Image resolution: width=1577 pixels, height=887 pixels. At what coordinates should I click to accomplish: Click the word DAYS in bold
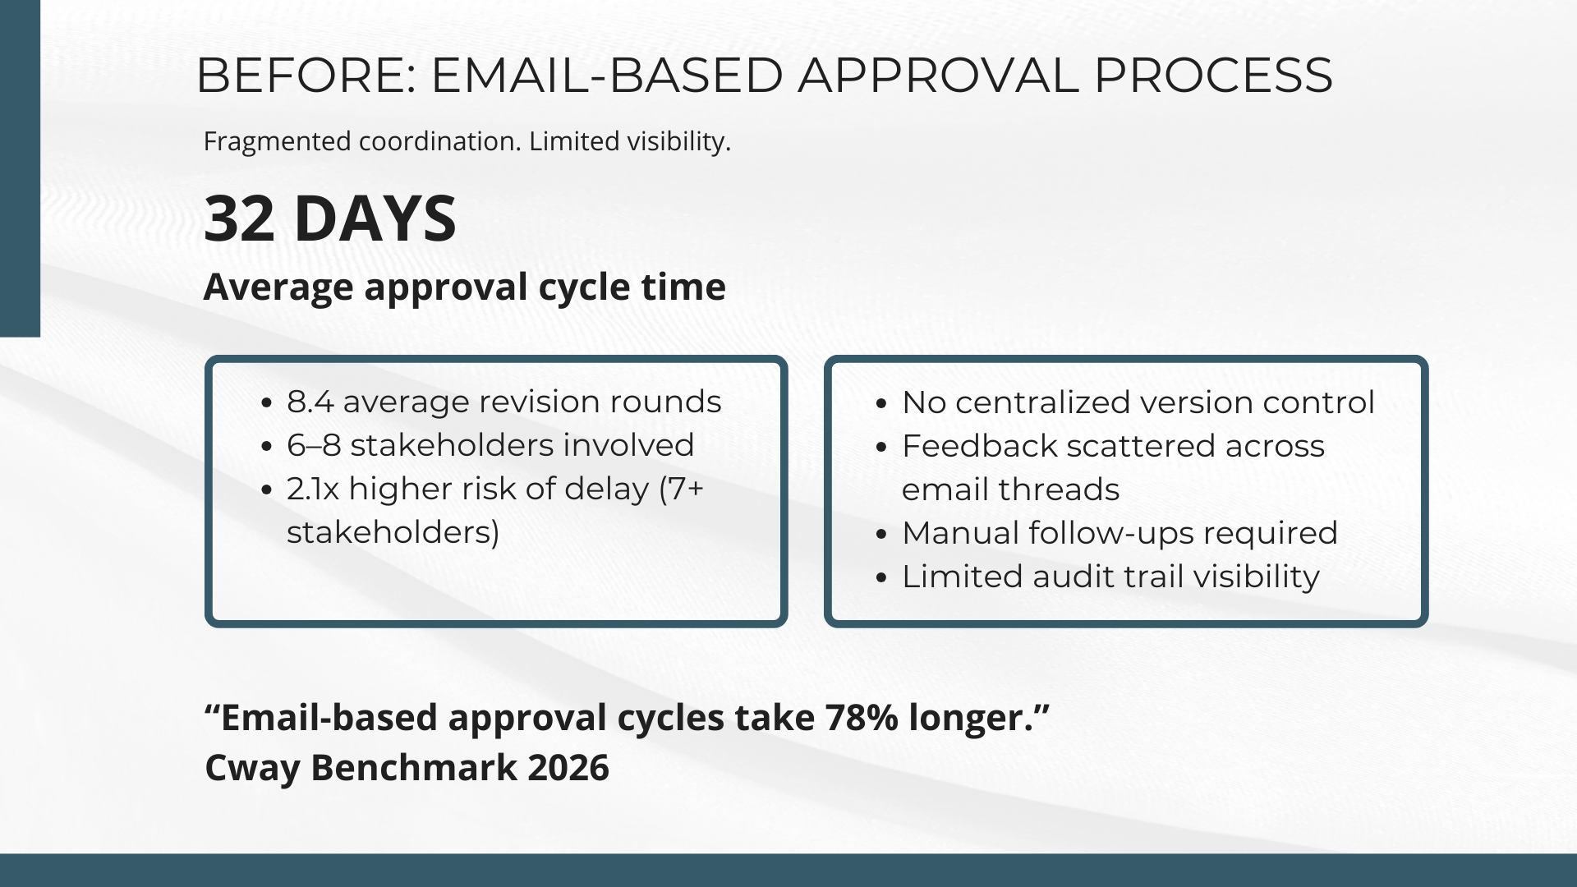point(375,218)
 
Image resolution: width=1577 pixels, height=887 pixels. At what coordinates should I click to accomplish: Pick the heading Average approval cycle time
point(464,287)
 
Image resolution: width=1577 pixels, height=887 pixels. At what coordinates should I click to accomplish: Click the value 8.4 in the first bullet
point(309,402)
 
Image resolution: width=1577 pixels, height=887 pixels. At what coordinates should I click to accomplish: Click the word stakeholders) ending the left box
point(393,532)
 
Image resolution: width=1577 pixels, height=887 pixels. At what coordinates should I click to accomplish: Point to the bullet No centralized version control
point(1138,402)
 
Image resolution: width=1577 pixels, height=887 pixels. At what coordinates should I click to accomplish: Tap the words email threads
point(1010,489)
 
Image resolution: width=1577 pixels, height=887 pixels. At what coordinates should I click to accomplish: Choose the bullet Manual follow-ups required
point(1119,533)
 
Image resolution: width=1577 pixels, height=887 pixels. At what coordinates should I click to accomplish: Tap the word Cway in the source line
point(252,768)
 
